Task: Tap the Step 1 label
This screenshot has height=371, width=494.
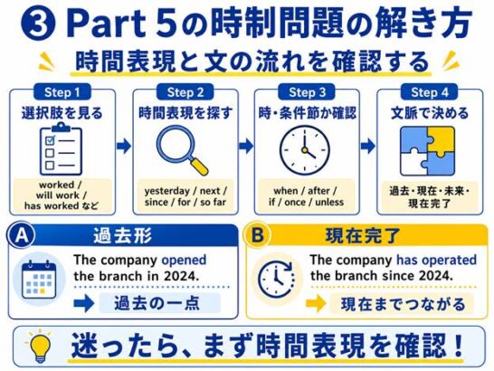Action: pos(62,92)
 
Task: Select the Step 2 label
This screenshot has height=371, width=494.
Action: pos(185,92)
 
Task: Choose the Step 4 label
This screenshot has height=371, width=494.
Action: pos(429,92)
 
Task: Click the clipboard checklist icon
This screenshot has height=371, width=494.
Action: pos(61,149)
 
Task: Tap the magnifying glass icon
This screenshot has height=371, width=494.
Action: pos(182,150)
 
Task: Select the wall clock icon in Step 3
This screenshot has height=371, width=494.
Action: pos(305,149)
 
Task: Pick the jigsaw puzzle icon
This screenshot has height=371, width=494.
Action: pos(428,151)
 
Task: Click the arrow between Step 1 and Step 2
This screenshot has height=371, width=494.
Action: pos(124,146)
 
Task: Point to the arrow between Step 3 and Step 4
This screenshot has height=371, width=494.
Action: pos(368,146)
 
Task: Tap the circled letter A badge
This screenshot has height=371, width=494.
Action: pos(21,235)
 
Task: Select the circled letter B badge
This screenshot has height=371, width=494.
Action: pos(257,235)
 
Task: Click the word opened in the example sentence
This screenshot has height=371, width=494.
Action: pos(184,261)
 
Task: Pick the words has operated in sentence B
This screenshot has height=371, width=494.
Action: pos(436,261)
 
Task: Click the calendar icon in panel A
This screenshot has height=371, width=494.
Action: pos(39,280)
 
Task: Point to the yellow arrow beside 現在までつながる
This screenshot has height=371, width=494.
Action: pos(316,303)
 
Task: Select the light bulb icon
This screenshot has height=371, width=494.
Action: pos(40,346)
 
